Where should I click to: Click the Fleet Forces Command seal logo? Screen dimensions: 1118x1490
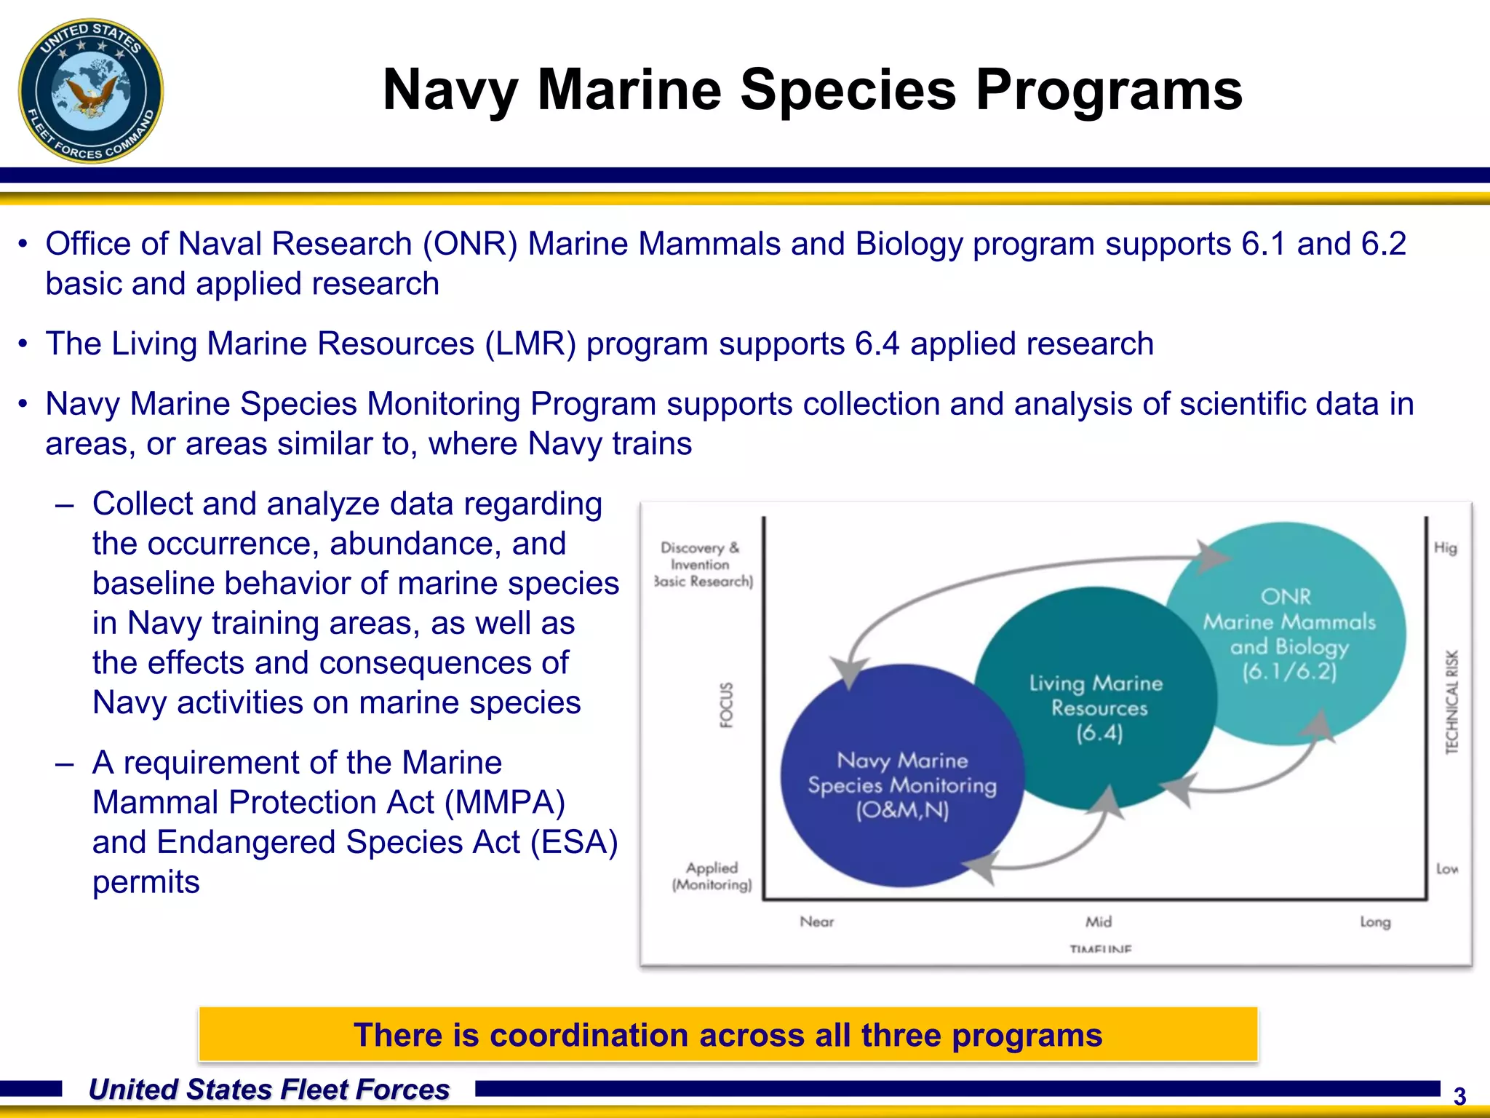point(91,91)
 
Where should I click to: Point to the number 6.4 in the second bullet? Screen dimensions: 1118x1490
point(877,344)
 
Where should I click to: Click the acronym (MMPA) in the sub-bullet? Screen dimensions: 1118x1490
point(504,802)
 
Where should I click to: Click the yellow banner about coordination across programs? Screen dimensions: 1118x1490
point(728,1034)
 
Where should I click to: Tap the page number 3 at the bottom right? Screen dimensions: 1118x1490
point(1459,1096)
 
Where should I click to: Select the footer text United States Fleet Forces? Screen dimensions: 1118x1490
point(269,1090)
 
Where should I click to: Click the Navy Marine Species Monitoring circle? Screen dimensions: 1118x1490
point(902,785)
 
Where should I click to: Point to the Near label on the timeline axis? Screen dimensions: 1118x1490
point(816,921)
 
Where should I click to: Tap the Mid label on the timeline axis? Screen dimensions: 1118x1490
point(1099,921)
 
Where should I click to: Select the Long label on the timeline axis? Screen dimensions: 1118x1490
point(1375,921)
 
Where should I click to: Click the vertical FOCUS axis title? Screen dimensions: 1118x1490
point(726,705)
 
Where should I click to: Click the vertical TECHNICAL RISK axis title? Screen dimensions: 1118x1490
point(1451,702)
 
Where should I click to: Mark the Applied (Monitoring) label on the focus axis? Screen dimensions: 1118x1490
point(712,876)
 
